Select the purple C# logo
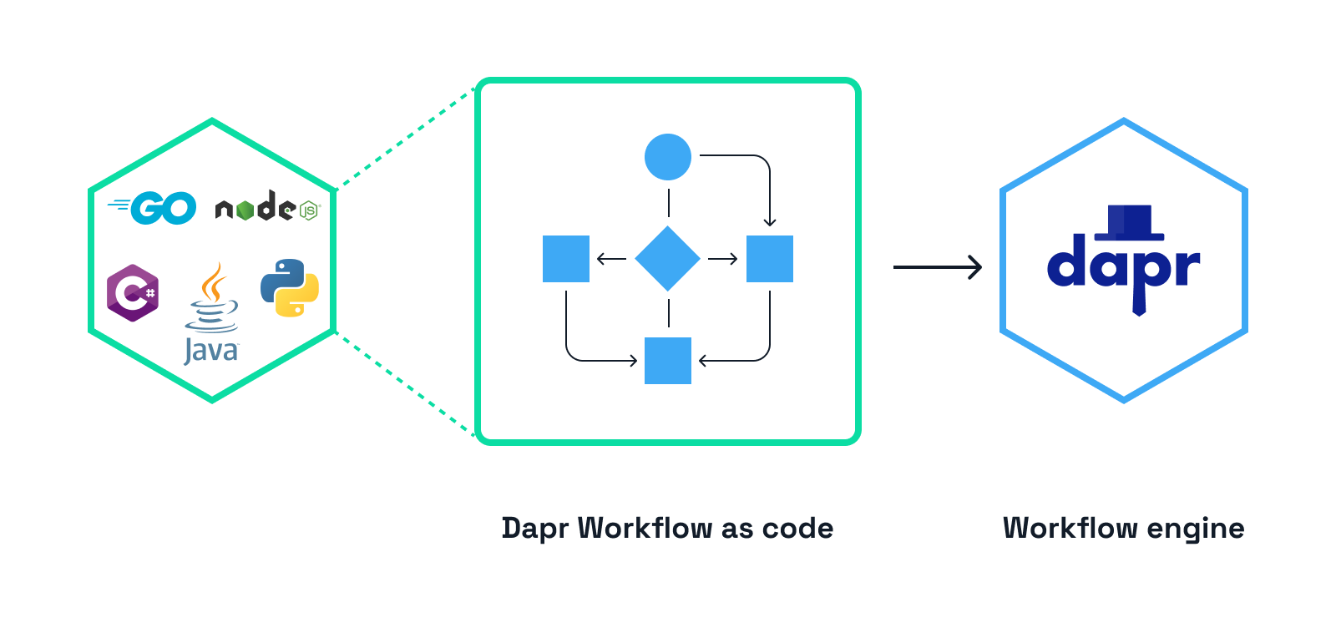(133, 292)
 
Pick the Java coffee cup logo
(212, 312)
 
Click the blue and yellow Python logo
(290, 288)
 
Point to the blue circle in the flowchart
(668, 156)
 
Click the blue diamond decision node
(668, 259)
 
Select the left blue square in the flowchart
(566, 259)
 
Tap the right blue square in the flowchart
(770, 259)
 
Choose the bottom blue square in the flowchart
(668, 361)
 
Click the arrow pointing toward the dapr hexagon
(937, 267)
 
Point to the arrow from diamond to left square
(612, 259)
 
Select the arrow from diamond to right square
(723, 259)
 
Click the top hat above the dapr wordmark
(1129, 222)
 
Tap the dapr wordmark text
(1123, 266)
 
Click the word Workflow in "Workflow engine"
(1070, 528)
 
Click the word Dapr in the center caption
(535, 529)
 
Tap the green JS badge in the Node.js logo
(309, 210)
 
